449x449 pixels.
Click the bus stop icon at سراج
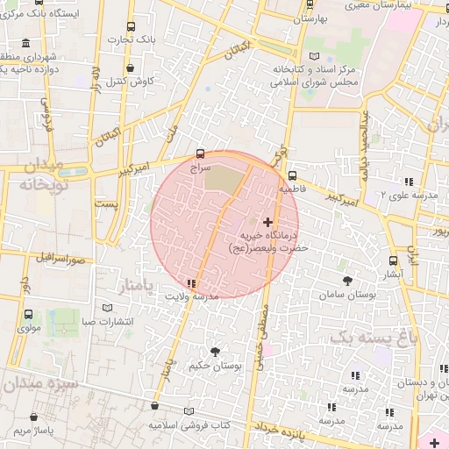pyautogui.click(x=201, y=153)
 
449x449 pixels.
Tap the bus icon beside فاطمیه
pyautogui.click(x=293, y=175)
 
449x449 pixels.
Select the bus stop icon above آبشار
pyautogui.click(x=393, y=260)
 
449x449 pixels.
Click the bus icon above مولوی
pyautogui.click(x=29, y=314)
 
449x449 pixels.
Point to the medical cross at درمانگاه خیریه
pyautogui.click(x=267, y=223)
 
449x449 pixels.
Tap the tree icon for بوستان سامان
pyautogui.click(x=348, y=281)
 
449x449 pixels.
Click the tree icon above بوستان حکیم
pyautogui.click(x=215, y=352)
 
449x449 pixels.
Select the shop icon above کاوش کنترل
pyautogui.click(x=131, y=68)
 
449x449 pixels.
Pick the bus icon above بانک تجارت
pyautogui.click(x=131, y=27)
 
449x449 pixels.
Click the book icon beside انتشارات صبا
pyautogui.click(x=108, y=309)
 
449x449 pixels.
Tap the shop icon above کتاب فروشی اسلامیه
pyautogui.click(x=154, y=408)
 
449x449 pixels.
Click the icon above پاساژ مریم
pyautogui.click(x=16, y=431)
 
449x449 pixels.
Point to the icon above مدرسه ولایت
pyautogui.click(x=191, y=282)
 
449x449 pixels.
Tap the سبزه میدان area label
pyautogui.click(x=40, y=383)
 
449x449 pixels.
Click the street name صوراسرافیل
pyautogui.click(x=61, y=259)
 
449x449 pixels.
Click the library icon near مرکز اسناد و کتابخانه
pyautogui.click(x=314, y=55)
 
